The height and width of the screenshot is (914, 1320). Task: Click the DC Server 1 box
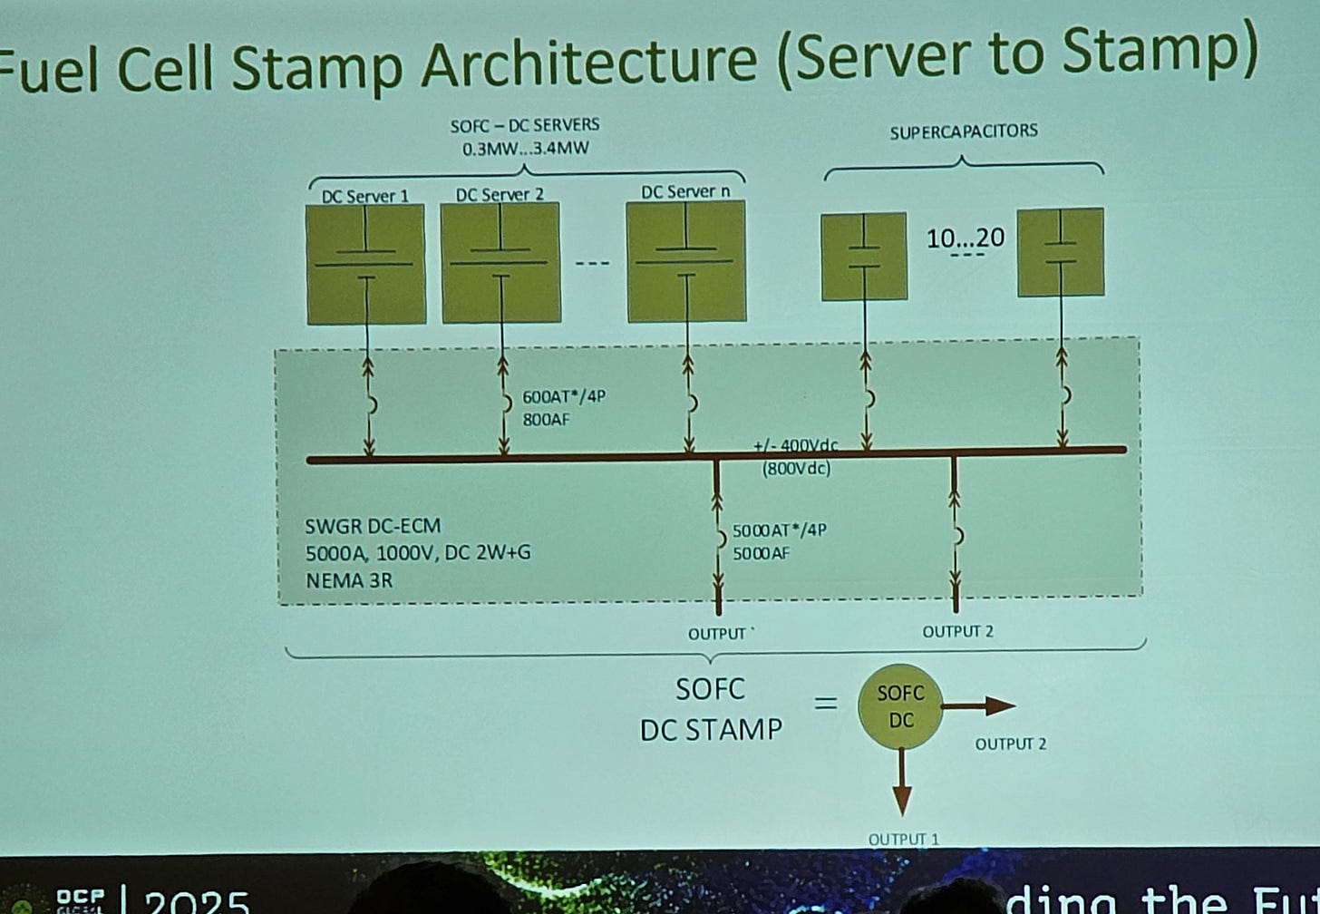click(x=365, y=263)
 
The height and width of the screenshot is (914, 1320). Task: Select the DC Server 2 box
click(x=500, y=263)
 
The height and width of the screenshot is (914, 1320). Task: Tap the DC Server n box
click(x=686, y=261)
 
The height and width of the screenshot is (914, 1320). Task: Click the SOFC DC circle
click(x=900, y=706)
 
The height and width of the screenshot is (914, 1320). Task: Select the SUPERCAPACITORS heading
click(x=963, y=131)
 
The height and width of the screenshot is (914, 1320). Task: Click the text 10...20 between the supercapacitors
click(x=965, y=238)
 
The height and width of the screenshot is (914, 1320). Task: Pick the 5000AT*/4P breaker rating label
click(x=779, y=530)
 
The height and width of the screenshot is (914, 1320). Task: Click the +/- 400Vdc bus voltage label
click(x=795, y=446)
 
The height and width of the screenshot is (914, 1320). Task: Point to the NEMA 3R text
click(x=349, y=579)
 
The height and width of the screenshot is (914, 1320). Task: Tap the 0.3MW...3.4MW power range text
click(x=525, y=148)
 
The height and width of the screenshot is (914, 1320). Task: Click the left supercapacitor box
click(x=864, y=256)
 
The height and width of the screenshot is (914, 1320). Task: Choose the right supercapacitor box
click(x=1061, y=252)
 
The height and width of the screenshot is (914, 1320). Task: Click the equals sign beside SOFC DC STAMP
click(x=825, y=704)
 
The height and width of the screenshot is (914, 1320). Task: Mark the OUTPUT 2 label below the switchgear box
click(x=957, y=631)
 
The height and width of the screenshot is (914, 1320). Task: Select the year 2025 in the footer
click(x=197, y=901)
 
